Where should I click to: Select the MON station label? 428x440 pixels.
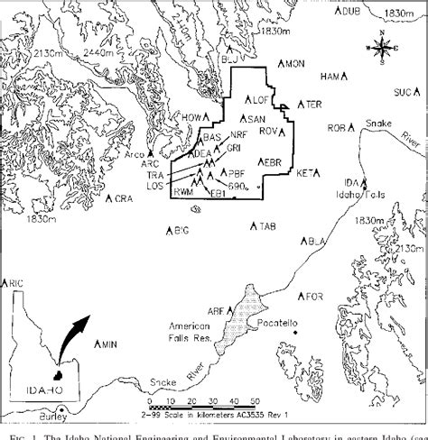(294, 64)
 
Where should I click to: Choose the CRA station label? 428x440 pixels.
(120, 198)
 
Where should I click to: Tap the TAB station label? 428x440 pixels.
(265, 225)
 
